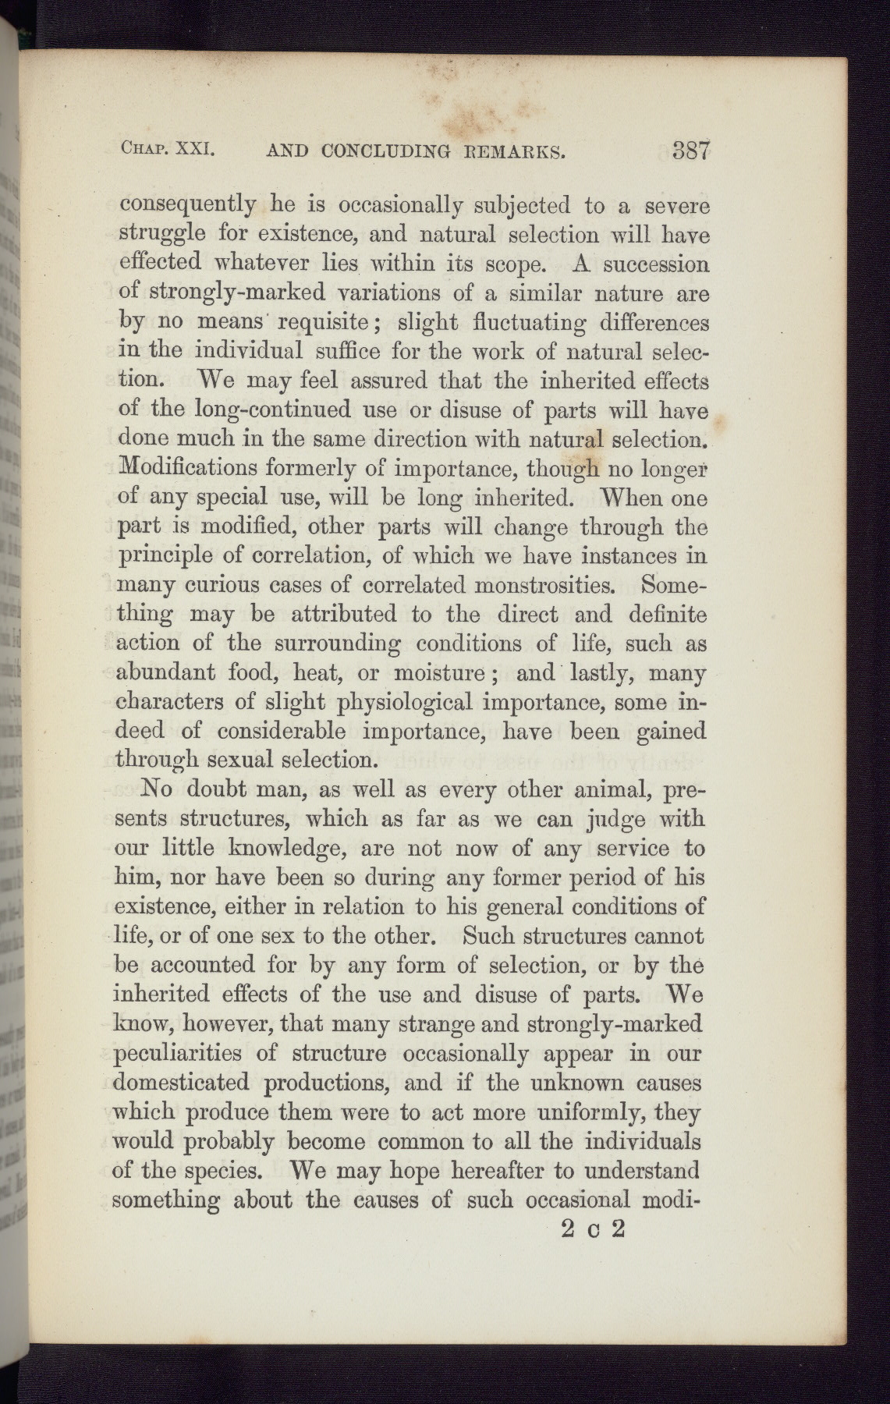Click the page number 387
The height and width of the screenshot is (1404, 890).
pos(690,151)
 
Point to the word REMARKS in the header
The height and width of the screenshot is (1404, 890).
pos(509,151)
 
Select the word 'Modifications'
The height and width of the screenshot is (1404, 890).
pos(187,469)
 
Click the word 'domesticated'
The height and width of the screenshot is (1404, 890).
pos(182,1083)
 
